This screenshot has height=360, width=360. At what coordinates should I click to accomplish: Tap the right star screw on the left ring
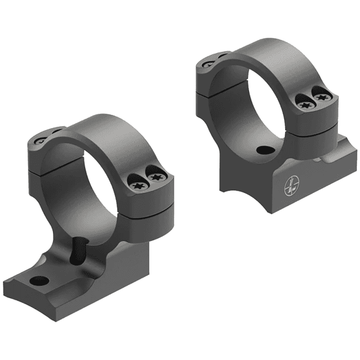155,179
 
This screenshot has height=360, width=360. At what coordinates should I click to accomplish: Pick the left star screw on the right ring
305,102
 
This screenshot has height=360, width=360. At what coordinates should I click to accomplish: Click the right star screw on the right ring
322,98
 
